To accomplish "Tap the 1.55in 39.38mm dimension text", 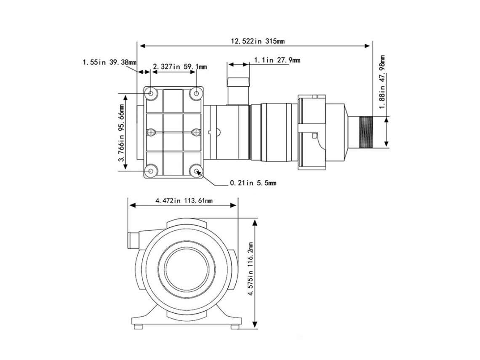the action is (109, 62).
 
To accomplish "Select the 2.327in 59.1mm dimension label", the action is (180, 67).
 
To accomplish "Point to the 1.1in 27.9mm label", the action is (277, 60).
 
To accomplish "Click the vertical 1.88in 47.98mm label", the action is (382, 82).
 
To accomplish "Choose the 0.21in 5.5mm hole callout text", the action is (253, 183).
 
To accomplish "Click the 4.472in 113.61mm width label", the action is (184, 201).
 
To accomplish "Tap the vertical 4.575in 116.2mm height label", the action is (251, 268).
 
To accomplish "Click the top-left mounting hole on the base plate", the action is (151, 93).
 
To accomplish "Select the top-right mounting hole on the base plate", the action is (196, 93).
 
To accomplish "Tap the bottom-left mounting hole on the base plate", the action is (151, 171).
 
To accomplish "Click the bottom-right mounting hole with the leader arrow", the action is (196, 171).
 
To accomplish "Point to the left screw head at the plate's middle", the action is (151, 132).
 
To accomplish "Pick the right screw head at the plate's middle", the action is (196, 132).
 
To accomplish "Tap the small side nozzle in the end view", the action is (133, 241).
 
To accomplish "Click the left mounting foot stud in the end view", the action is (139, 327).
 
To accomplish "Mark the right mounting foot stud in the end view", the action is (235, 327).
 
